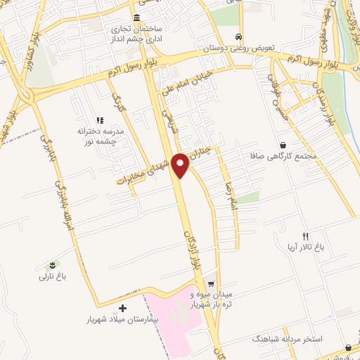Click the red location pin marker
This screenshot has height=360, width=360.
point(181,164)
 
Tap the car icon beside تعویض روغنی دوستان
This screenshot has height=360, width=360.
point(240,37)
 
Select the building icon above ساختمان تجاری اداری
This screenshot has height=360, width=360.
point(136,18)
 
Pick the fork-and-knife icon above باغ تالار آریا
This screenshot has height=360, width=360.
point(304,236)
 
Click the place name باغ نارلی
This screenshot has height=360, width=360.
point(52,277)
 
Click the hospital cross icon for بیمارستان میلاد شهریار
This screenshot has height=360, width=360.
point(123,308)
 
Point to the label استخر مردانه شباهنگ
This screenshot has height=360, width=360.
point(289,339)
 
